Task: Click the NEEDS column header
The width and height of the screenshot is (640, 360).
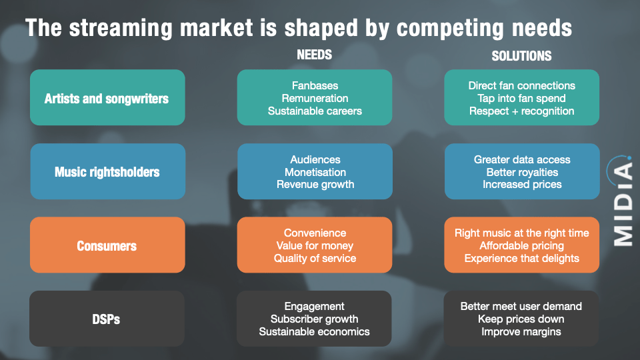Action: [314, 55]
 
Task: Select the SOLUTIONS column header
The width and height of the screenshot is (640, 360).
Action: [521, 56]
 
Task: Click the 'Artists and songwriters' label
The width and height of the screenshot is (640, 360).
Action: [107, 99]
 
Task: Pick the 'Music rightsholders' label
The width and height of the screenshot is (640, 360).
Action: [107, 172]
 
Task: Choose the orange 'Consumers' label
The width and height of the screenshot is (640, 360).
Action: [107, 245]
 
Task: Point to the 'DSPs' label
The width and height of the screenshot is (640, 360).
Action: [107, 319]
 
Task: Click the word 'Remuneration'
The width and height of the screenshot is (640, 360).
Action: [315, 99]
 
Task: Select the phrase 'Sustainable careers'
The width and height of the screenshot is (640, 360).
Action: [315, 111]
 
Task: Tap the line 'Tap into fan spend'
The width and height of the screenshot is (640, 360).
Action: [521, 99]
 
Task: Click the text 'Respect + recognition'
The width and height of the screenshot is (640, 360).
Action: [521, 111]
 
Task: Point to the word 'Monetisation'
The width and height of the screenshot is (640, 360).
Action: [315, 172]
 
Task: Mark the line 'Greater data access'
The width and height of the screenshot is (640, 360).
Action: [522, 159]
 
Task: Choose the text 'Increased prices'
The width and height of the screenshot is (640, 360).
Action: [522, 185]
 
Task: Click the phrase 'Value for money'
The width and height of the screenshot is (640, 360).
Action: [315, 245]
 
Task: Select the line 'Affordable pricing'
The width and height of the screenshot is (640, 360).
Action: [522, 245]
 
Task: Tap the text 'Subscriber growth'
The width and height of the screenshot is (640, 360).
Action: [315, 319]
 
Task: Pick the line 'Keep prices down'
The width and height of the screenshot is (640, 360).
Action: [521, 319]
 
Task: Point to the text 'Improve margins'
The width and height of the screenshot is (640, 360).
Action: [521, 331]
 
